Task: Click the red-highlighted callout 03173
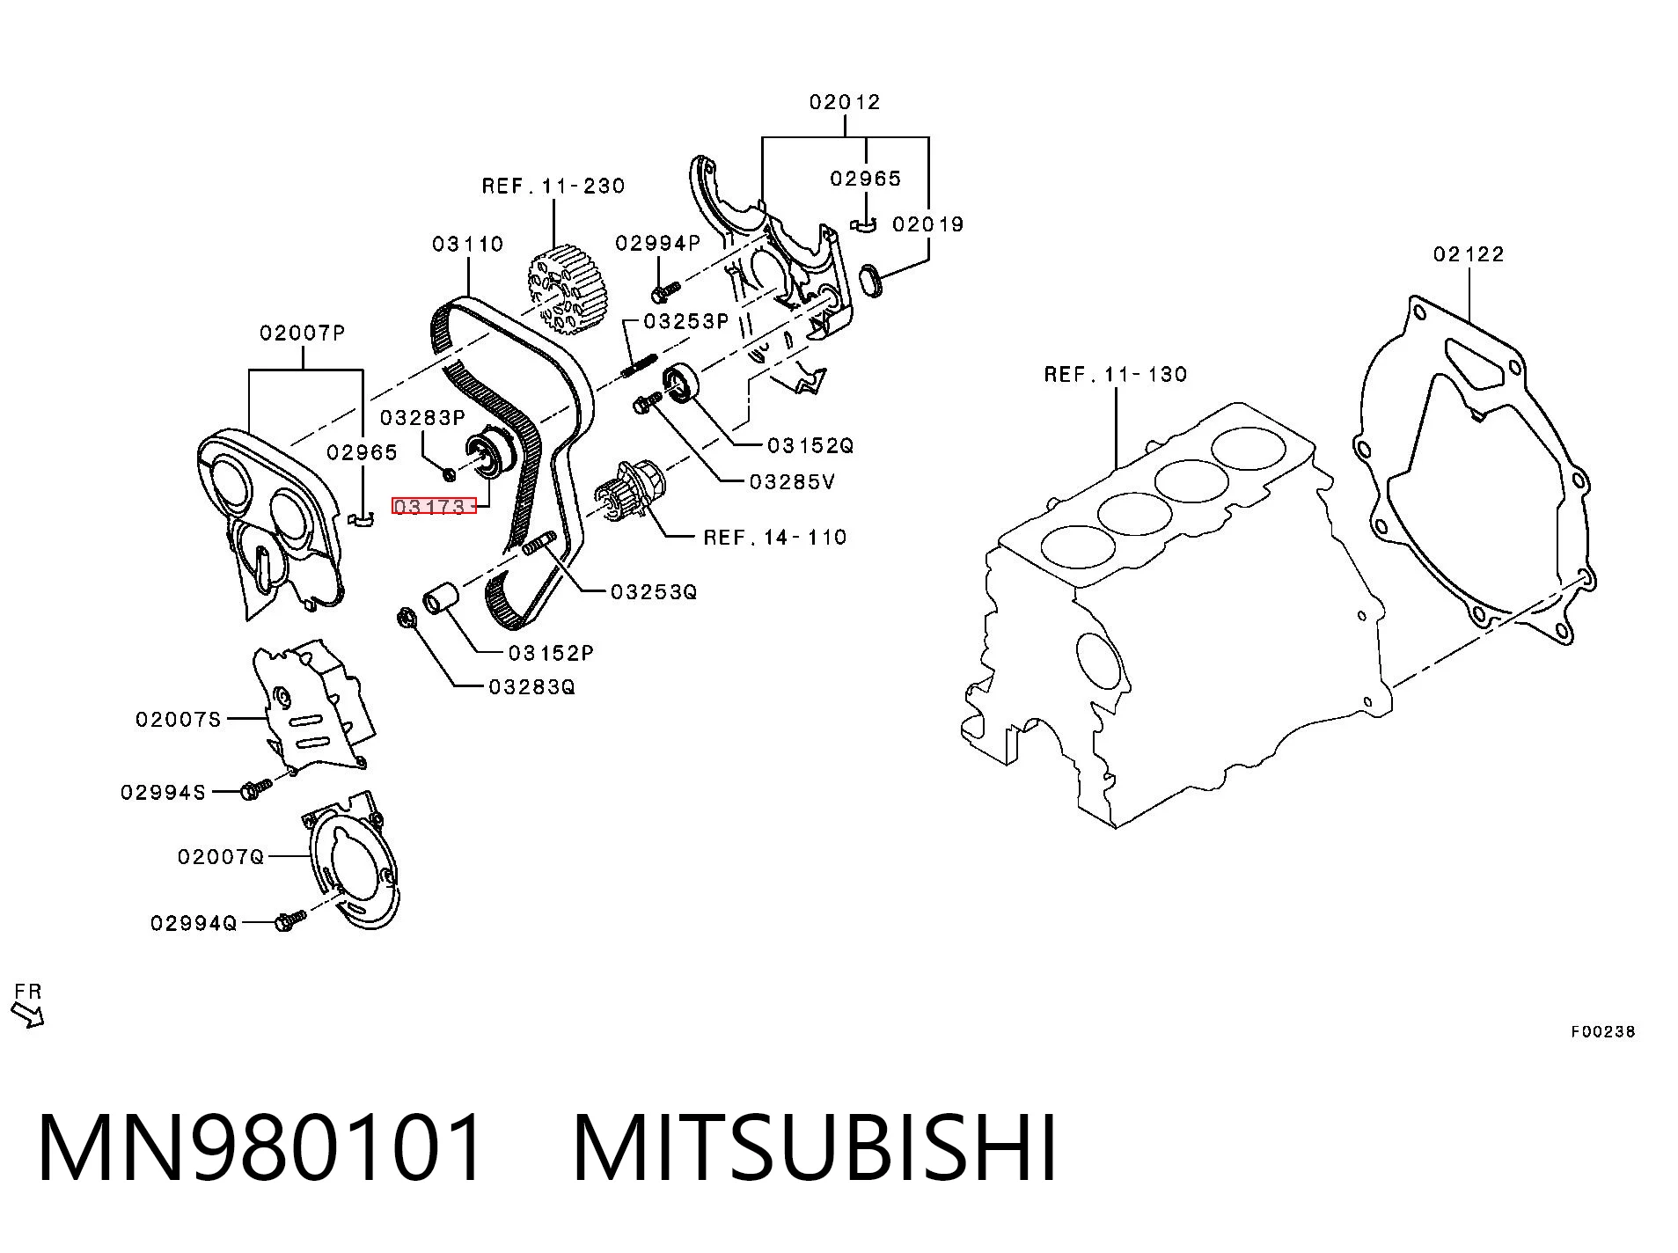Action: coord(434,507)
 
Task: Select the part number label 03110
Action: coord(467,244)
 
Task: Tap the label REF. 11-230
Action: coord(553,186)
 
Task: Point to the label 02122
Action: coord(1469,254)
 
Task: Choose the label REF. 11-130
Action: coord(1116,374)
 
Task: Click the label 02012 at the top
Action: coord(845,102)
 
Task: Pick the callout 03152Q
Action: coord(810,446)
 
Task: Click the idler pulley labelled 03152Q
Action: coord(680,383)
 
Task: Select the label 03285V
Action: coord(792,482)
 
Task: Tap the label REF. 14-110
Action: coord(775,537)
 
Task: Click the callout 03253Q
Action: coord(654,591)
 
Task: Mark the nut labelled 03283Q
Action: coord(407,618)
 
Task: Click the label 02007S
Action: coord(178,720)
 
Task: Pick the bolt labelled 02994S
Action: coord(256,789)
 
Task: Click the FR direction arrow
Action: coord(27,1015)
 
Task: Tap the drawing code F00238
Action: coord(1603,1031)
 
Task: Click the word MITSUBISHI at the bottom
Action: coord(815,1147)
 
